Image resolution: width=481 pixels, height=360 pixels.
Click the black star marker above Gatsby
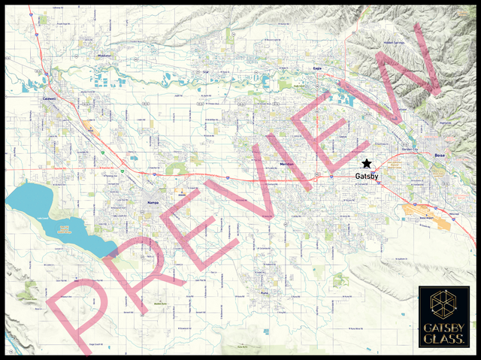click(x=366, y=164)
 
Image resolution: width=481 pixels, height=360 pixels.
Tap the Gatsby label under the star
click(x=366, y=177)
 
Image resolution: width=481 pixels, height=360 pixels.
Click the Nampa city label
click(x=154, y=203)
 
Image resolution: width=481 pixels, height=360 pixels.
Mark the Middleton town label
click(x=104, y=56)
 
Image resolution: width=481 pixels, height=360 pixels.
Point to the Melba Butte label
click(x=160, y=302)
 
